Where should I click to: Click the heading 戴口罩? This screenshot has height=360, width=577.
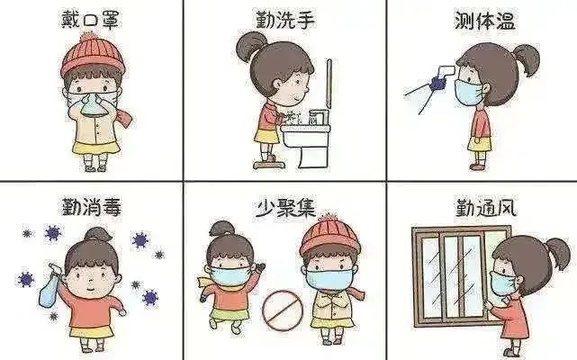(90, 19)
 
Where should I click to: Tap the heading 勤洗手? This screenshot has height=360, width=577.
(285, 20)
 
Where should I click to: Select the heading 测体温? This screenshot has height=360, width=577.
(485, 20)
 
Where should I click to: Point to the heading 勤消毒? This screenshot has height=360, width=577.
(91, 206)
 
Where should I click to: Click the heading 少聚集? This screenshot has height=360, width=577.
(286, 208)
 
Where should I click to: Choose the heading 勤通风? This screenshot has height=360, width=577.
(486, 208)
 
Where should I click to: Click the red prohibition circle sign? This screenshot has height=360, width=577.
(283, 310)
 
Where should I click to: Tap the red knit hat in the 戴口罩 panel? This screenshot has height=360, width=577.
(92, 55)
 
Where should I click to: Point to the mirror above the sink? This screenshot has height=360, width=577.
(329, 84)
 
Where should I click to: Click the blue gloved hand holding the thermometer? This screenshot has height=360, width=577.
(437, 83)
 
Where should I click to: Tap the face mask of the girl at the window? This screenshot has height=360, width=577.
(501, 283)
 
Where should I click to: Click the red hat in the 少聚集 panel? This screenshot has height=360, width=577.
(330, 235)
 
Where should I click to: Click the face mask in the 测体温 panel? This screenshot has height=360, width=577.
(468, 92)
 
